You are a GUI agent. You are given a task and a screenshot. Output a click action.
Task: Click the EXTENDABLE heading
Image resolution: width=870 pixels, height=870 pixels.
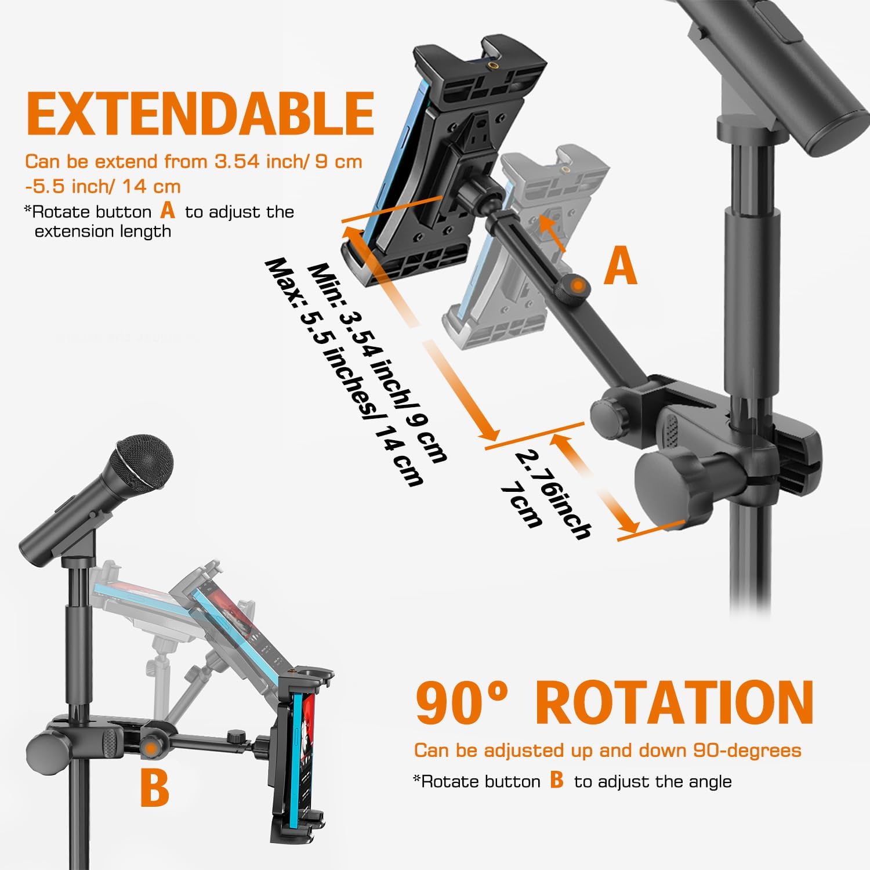[201, 113]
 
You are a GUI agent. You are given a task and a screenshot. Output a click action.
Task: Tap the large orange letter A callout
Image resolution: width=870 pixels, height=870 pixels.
[620, 265]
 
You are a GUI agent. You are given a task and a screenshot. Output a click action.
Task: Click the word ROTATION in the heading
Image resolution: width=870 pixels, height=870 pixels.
[674, 702]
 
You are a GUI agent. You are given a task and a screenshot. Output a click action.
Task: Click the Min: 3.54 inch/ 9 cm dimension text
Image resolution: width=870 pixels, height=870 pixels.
[378, 363]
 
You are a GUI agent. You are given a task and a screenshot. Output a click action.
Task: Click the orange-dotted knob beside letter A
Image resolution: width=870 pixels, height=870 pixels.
[575, 285]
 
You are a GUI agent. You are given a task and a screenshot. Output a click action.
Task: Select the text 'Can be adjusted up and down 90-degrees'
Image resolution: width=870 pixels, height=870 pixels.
[608, 751]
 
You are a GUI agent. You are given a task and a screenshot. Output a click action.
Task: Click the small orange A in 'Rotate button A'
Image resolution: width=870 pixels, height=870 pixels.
[168, 210]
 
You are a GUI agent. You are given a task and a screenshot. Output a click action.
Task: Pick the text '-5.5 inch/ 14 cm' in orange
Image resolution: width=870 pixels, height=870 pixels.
[103, 186]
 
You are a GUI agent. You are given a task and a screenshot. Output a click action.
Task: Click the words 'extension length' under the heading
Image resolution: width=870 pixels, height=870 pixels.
[103, 231]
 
